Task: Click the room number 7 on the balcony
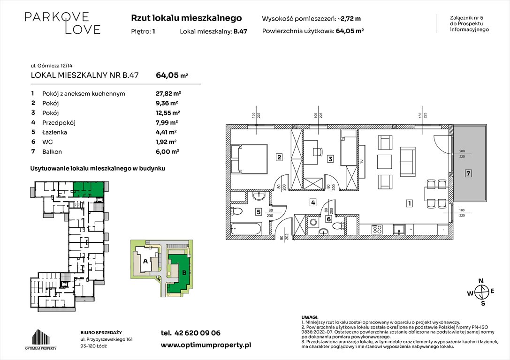tap(468, 173)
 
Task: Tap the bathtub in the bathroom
tap(246, 229)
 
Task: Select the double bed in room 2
tap(249, 160)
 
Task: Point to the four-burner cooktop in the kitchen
tap(377, 229)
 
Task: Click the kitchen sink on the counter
tap(398, 229)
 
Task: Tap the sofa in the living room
tap(408, 161)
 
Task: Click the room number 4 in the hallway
tap(312, 202)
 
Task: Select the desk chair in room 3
tap(318, 151)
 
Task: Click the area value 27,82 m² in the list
tap(168, 94)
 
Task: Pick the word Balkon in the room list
tap(52, 152)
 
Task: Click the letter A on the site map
tap(145, 261)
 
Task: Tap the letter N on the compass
tap(481, 281)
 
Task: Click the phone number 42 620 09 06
tap(198, 333)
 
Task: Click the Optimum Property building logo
tap(41, 339)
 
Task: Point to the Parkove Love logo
tap(62, 23)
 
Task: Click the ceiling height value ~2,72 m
tap(349, 19)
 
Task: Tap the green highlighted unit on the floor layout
tap(89, 189)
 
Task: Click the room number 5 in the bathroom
tap(259, 212)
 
